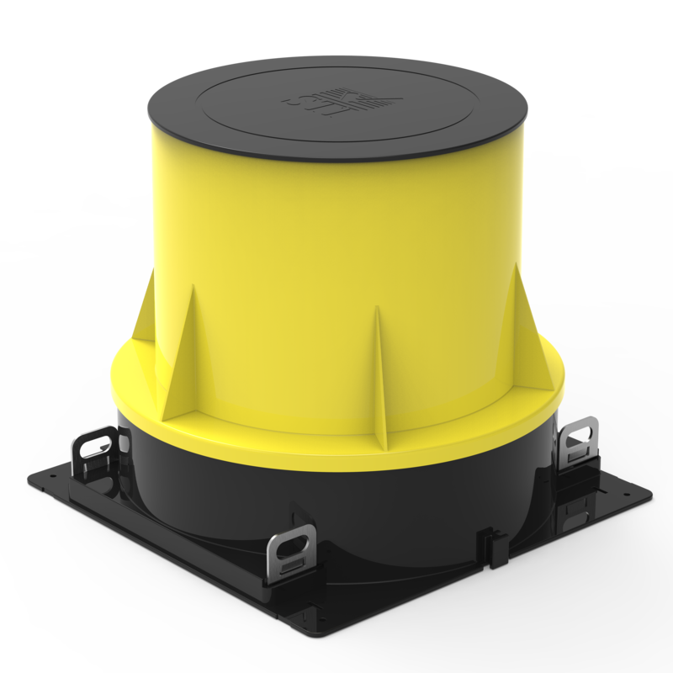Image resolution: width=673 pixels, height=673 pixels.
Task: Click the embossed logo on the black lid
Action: click(340, 104)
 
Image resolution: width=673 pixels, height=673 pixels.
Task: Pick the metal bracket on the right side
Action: click(580, 439)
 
